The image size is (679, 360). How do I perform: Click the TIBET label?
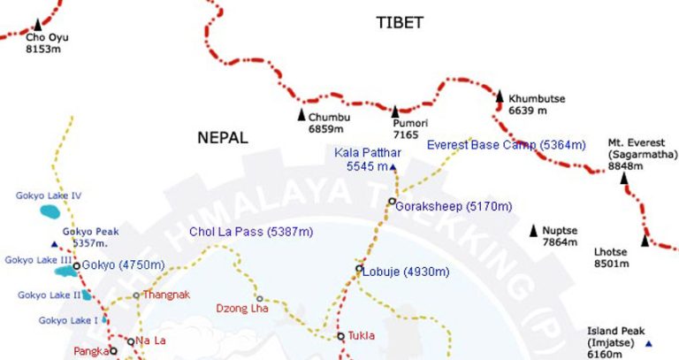pyautogui.click(x=399, y=23)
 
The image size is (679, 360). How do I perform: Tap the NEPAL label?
pyautogui.click(x=223, y=138)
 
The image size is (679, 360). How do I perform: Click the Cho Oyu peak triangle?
pyautogui.click(x=37, y=25)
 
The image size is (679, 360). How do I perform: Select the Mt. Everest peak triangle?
pyautogui.click(x=624, y=178)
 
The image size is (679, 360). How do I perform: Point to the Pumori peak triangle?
pyautogui.click(x=396, y=111)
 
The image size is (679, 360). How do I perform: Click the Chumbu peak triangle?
pyautogui.click(x=301, y=115)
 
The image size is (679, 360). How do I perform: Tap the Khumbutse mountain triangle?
pyautogui.click(x=499, y=96)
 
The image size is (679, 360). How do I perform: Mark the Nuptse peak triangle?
pyautogui.click(x=533, y=231)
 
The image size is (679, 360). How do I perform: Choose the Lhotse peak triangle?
pyautogui.click(x=645, y=240)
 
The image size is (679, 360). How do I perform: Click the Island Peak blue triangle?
pyautogui.click(x=648, y=343)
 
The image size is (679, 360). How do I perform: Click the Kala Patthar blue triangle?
pyautogui.click(x=393, y=166)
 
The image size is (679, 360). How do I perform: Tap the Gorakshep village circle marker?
pyautogui.click(x=391, y=203)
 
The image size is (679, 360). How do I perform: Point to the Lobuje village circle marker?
pyautogui.click(x=359, y=269)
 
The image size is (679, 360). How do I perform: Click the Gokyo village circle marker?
pyautogui.click(x=76, y=265)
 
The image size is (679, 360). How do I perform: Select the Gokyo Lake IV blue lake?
pyautogui.click(x=51, y=212)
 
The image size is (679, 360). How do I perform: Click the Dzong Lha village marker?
pyautogui.click(x=259, y=298)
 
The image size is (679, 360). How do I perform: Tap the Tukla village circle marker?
pyautogui.click(x=340, y=336)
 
